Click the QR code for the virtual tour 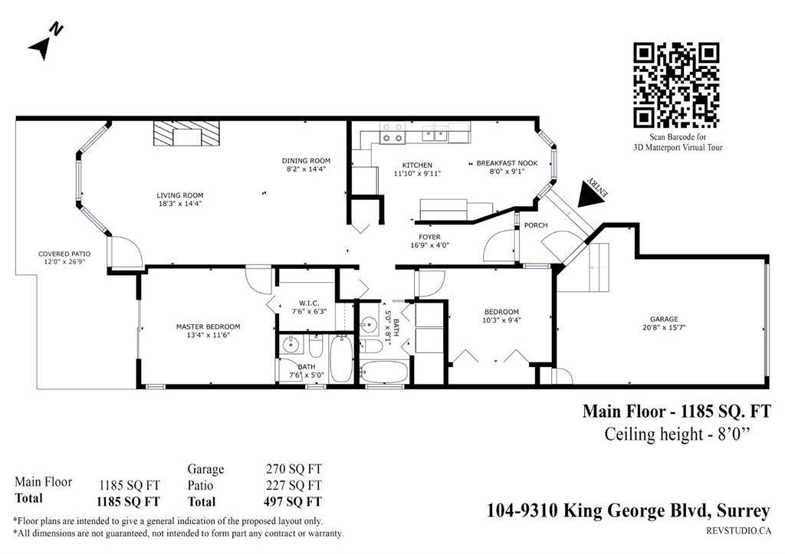[675, 85]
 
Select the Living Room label [180, 195]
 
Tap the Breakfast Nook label [507, 163]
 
